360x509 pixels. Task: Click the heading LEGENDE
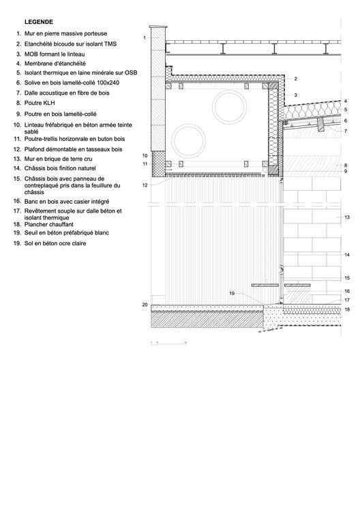point(39,22)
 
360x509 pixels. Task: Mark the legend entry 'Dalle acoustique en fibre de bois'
point(67,92)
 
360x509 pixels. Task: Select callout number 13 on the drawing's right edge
point(347,217)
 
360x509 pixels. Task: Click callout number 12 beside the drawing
point(146,185)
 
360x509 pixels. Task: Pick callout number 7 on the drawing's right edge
point(346,131)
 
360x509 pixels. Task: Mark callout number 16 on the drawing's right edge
point(347,291)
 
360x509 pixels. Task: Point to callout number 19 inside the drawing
point(232,293)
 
